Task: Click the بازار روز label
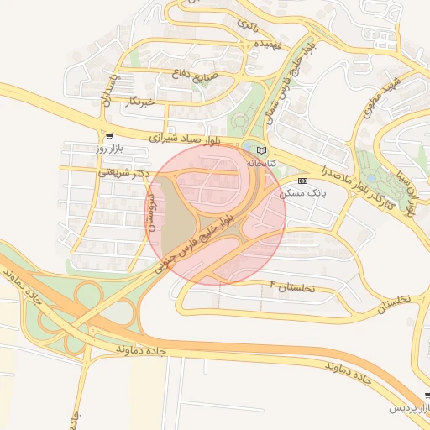point(109,148)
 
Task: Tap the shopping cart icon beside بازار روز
point(109,135)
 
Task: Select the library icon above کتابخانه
point(260,149)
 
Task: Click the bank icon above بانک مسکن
point(302,181)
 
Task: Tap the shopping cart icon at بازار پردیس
point(427,396)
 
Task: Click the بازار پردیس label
point(407,408)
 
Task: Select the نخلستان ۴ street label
point(291,287)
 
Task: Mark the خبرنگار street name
point(139,102)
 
